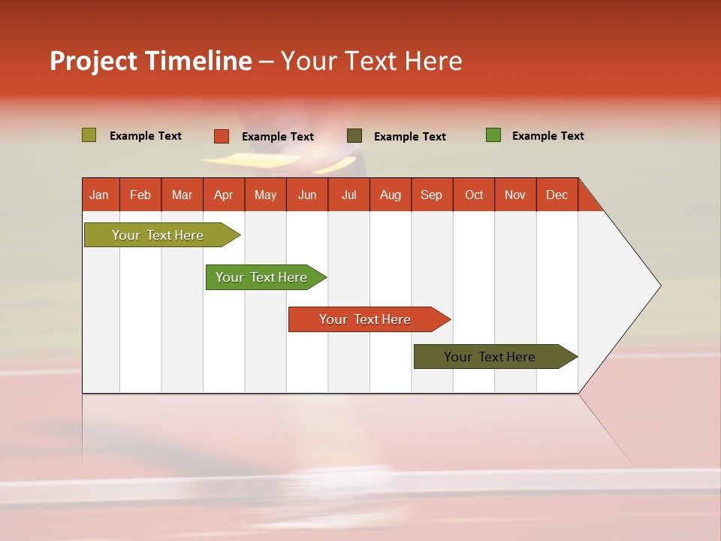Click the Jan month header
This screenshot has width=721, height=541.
[100, 195]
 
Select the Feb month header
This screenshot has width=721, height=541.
[140, 195]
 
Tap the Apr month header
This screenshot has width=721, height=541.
[224, 195]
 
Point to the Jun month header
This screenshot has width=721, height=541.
[307, 195]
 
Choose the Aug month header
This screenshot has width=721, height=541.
[391, 195]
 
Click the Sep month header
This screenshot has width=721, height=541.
[432, 195]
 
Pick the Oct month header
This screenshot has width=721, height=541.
[474, 195]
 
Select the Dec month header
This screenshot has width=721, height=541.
[557, 195]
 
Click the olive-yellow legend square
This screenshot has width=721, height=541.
[89, 135]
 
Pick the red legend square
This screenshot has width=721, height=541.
[222, 136]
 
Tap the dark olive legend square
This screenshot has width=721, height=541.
[354, 136]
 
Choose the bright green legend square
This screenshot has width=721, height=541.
[493, 135]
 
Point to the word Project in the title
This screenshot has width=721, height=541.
[94, 61]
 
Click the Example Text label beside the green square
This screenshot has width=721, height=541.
[548, 136]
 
